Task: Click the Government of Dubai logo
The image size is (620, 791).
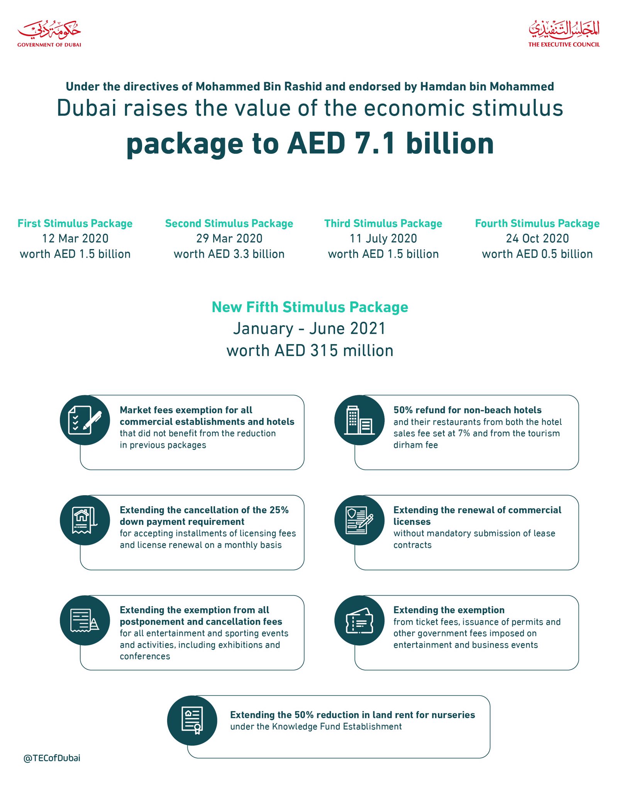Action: pyautogui.click(x=49, y=34)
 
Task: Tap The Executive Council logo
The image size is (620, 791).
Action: pyautogui.click(x=564, y=34)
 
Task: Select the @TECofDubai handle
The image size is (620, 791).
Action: pyautogui.click(x=52, y=758)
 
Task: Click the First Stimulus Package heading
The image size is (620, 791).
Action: pyautogui.click(x=75, y=224)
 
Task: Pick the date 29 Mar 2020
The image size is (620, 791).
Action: pyautogui.click(x=229, y=239)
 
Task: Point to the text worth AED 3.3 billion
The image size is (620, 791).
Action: pyautogui.click(x=229, y=254)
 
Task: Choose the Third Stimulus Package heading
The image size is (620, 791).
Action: pyautogui.click(x=383, y=224)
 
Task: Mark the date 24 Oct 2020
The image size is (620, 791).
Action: pyautogui.click(x=537, y=239)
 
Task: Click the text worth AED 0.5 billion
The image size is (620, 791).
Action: pyautogui.click(x=537, y=254)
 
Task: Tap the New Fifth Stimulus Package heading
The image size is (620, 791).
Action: pyautogui.click(x=310, y=307)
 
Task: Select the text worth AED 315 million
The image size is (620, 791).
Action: pyautogui.click(x=310, y=351)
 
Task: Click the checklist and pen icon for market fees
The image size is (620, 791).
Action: pyautogui.click(x=85, y=420)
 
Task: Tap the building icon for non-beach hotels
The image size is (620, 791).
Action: pyautogui.click(x=359, y=420)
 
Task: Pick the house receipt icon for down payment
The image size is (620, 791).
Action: pyautogui.click(x=85, y=520)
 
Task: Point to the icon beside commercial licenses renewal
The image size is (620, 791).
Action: pyautogui.click(x=359, y=520)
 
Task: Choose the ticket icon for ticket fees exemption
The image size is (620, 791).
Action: pyautogui.click(x=359, y=621)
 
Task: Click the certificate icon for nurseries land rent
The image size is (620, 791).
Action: pyautogui.click(x=192, y=721)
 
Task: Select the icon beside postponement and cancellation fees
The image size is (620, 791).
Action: pyautogui.click(x=85, y=621)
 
